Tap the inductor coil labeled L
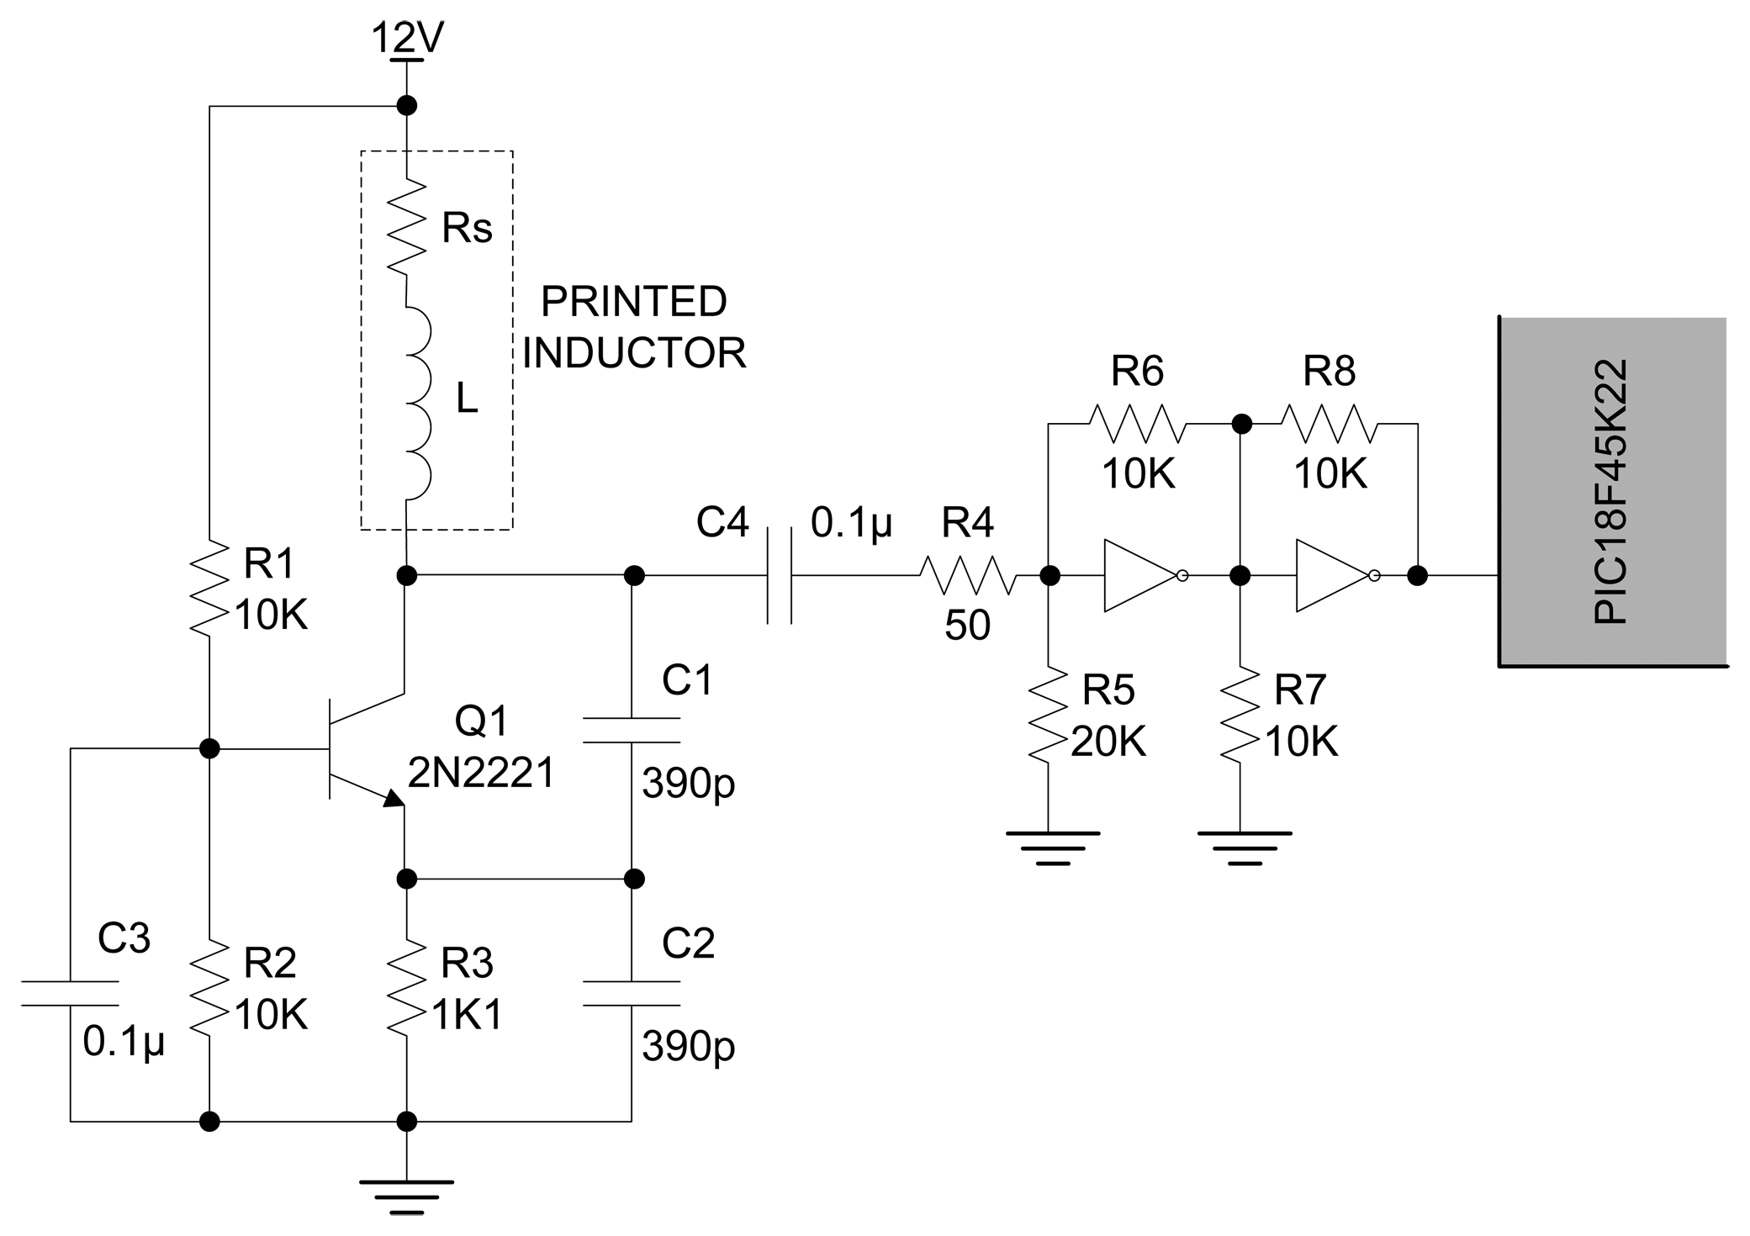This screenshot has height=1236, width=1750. (416, 402)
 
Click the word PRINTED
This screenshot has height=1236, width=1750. (633, 302)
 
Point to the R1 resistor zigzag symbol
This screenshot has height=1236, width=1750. (209, 589)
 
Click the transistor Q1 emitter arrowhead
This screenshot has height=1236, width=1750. (393, 798)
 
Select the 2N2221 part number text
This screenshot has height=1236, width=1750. (481, 772)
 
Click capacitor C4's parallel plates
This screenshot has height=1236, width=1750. (780, 576)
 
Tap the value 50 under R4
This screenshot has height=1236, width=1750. (967, 626)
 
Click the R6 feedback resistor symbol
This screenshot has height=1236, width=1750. (1138, 424)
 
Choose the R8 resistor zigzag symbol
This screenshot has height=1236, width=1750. (1330, 424)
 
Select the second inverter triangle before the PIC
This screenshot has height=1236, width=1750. (1331, 576)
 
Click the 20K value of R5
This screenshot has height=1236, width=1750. (1108, 742)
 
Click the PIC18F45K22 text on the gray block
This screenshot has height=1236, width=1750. (1610, 492)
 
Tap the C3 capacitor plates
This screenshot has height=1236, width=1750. (70, 993)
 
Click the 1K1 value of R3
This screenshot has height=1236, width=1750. (468, 1016)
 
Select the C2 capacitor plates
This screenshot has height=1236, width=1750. (632, 993)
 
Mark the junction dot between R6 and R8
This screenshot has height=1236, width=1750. (1241, 424)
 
